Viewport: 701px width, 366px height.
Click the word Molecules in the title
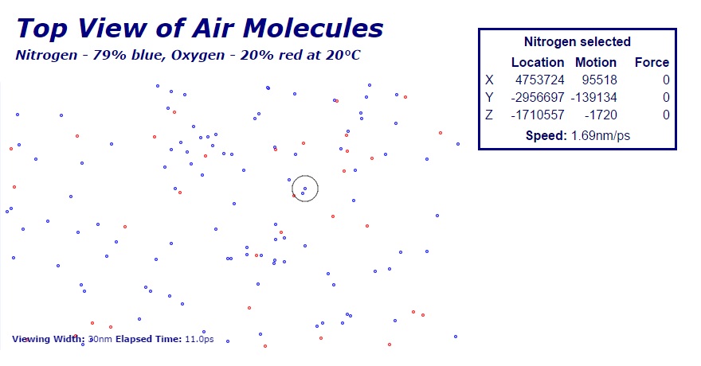[313, 28]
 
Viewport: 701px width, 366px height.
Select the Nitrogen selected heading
[578, 42]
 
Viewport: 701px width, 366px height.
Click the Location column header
[538, 63]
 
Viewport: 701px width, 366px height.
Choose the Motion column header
[596, 63]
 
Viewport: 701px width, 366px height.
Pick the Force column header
[652, 63]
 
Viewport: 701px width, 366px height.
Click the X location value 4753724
[539, 80]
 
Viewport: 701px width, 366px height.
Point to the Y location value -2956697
[538, 97]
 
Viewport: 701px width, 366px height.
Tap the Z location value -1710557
[538, 115]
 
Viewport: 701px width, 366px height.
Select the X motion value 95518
[600, 80]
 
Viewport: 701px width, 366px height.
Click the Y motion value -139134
[593, 97]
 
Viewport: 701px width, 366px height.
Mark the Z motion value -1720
[601, 115]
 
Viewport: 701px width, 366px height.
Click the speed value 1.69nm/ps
[601, 136]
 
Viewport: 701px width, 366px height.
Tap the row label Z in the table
[489, 115]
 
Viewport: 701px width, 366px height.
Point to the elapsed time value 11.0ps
[199, 339]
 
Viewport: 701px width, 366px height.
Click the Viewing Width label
[49, 339]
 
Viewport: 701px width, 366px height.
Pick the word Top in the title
[42, 29]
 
